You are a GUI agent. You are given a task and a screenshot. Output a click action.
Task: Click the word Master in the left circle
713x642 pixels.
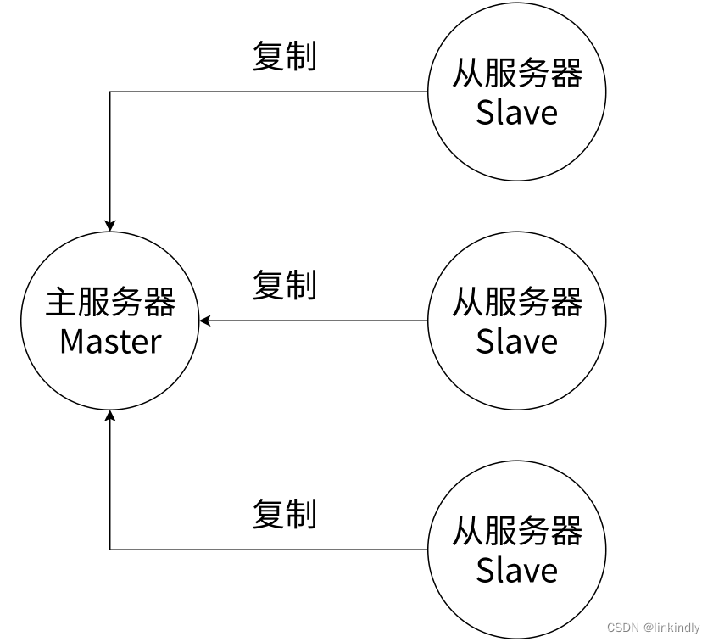coord(110,342)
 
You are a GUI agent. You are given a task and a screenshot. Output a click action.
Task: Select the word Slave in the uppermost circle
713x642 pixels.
coord(517,113)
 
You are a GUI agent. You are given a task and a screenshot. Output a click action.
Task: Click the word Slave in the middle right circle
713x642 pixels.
coord(517,342)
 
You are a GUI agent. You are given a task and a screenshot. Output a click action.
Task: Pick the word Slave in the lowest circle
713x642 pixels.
coord(517,570)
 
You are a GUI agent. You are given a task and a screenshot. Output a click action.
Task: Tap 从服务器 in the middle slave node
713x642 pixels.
coord(517,303)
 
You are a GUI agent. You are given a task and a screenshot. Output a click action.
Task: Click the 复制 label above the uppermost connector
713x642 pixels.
coord(285,57)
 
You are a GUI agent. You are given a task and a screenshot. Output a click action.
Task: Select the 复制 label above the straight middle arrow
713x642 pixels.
coord(285,286)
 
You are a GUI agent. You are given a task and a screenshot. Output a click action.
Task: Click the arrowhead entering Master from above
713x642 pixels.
coord(110,225)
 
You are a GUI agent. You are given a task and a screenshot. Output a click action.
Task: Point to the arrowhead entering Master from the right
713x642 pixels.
coord(205,321)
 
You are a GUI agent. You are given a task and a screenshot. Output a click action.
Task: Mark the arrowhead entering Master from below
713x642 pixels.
coord(110,416)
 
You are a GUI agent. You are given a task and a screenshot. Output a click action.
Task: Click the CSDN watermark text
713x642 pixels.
coord(622,628)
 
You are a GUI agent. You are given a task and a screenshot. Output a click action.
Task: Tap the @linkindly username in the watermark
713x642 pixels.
coord(671,628)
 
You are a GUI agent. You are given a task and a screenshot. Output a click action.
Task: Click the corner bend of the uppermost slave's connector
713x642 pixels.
coord(110,92)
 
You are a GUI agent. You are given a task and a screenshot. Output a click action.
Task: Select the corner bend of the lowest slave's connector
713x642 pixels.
coord(110,550)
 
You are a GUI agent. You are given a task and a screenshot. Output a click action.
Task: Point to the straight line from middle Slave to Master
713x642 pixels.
coord(314,321)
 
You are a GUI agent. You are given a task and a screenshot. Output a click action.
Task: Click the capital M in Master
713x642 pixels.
coord(71,342)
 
